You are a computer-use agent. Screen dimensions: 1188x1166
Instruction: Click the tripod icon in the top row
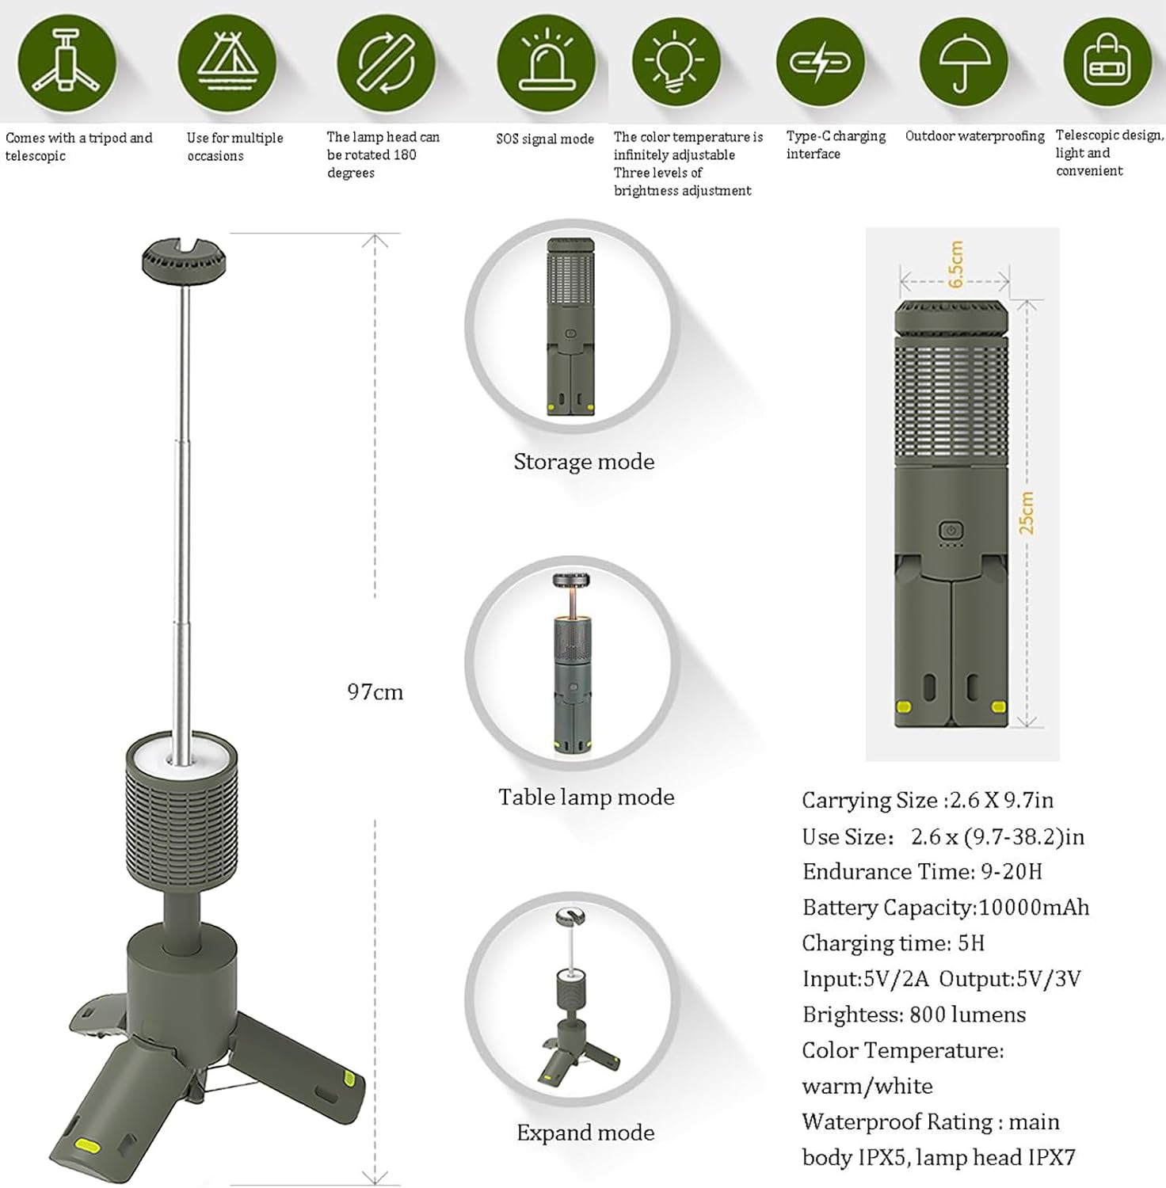[67, 63]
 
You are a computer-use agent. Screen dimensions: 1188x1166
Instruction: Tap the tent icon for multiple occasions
[227, 63]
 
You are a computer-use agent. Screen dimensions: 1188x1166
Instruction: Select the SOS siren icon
[546, 63]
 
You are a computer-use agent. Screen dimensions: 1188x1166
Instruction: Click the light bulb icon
[676, 63]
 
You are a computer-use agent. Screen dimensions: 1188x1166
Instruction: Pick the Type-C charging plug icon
[820, 62]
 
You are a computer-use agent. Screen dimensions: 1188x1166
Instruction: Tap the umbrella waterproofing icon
[963, 62]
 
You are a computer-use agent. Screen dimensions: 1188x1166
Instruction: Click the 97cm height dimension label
[375, 692]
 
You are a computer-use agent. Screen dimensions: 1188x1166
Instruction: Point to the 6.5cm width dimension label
[956, 264]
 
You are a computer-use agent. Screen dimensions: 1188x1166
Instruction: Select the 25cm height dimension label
[1026, 512]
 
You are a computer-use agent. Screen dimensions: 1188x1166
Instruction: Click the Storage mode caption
[584, 462]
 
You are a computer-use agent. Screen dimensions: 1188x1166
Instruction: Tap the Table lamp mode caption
[586, 797]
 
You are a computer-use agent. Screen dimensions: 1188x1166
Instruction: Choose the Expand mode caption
[585, 1133]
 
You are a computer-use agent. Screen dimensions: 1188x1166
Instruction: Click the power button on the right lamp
[951, 531]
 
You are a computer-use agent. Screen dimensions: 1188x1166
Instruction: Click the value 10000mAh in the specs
[1034, 907]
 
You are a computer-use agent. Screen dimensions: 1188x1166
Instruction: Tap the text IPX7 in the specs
[1051, 1157]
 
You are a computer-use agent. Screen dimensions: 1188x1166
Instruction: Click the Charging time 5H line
[893, 943]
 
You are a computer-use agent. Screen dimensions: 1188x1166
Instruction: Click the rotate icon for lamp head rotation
[386, 63]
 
